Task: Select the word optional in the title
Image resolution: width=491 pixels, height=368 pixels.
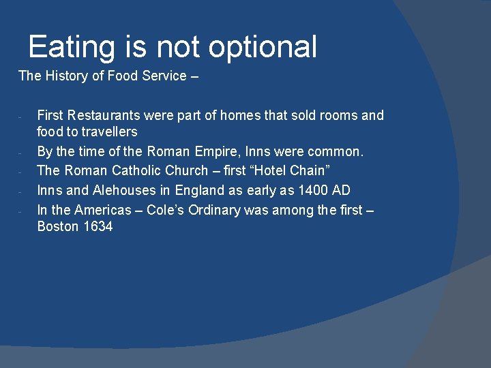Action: [x=263, y=48]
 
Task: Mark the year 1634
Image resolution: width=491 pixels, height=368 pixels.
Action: [x=98, y=226]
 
